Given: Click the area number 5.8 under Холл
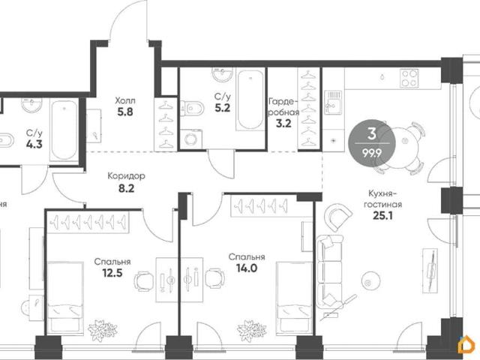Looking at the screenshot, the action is click(125, 112).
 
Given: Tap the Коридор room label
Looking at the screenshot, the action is click(126, 176).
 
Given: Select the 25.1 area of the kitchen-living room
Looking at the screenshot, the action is click(382, 216).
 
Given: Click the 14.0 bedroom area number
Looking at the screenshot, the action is click(247, 268).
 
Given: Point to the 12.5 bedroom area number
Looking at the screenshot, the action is click(112, 272).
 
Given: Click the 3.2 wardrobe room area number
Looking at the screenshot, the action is click(283, 124).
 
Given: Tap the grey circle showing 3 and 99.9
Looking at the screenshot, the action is click(372, 142).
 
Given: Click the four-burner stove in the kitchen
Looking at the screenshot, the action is click(409, 78).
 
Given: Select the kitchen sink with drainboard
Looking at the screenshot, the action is click(334, 103).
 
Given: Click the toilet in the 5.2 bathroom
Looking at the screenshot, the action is click(192, 109).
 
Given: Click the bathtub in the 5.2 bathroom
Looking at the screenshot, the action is click(250, 100).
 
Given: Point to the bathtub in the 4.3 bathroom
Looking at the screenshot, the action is click(64, 130).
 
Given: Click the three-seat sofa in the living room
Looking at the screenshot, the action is click(330, 271).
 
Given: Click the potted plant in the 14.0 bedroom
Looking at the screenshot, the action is click(252, 331).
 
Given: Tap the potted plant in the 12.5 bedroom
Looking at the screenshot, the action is click(103, 331).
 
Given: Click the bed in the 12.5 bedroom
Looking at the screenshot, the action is click(65, 298).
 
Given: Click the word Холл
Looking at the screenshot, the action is click(125, 100).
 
